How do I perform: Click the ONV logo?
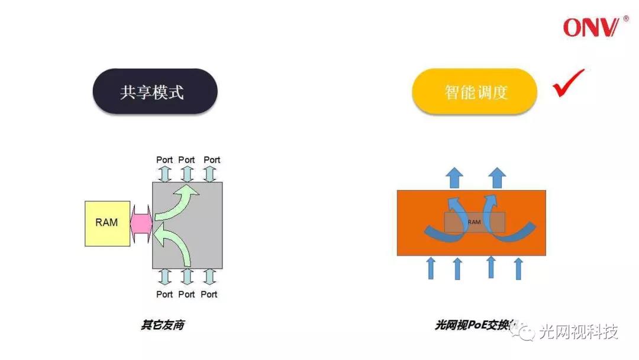[x=593, y=27]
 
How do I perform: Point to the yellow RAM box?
[x=106, y=223]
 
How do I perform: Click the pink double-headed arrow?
[x=141, y=223]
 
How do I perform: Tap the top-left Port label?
[x=164, y=160]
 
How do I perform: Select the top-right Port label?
[x=212, y=160]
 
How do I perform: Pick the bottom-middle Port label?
[x=186, y=294]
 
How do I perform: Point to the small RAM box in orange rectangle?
[x=475, y=222]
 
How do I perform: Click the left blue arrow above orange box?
[x=454, y=176]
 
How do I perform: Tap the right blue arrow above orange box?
[x=498, y=176]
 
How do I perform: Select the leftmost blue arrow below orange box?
[x=431, y=268]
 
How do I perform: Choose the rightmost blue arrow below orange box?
[x=518, y=268]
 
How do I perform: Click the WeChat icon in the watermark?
[x=524, y=333]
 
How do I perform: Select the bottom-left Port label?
[x=164, y=294]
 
